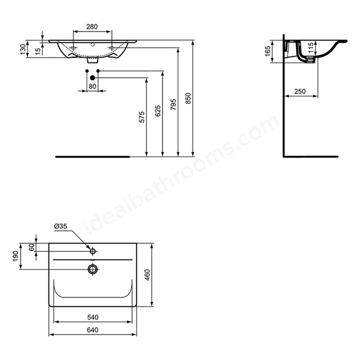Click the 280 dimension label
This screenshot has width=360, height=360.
coord(92,26)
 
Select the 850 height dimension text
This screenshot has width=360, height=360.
coord(188,98)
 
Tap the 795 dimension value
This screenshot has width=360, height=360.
coord(173,105)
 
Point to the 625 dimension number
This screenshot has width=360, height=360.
coord(157,111)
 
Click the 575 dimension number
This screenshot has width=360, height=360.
coord(142,117)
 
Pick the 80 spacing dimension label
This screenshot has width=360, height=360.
coord(92,86)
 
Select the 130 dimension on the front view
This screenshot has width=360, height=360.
coord(23,49)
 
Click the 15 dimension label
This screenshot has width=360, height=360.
coord(38,51)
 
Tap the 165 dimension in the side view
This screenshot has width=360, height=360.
coord(268,51)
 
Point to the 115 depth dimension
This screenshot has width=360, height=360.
coord(310,47)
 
